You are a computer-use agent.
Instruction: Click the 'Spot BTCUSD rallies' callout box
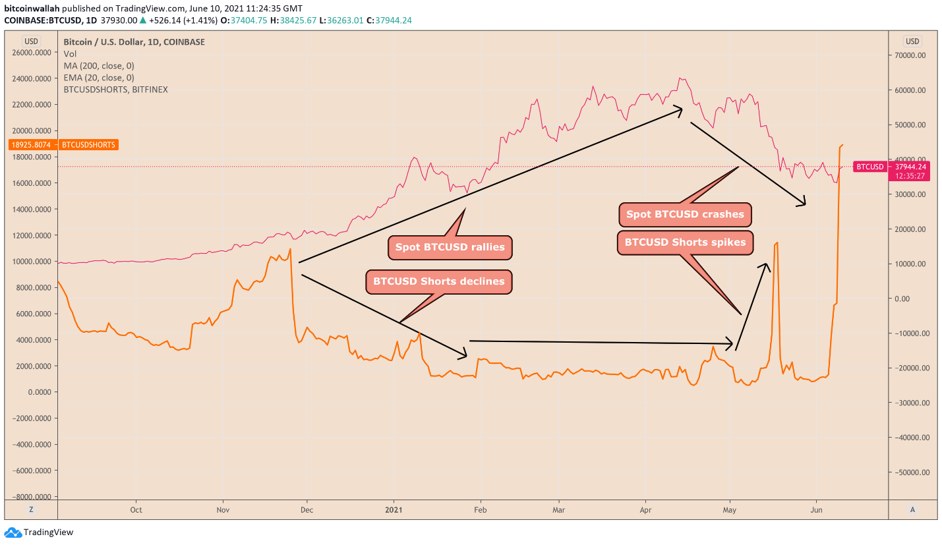(x=450, y=248)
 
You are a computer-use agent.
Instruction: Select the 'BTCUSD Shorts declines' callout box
(x=439, y=281)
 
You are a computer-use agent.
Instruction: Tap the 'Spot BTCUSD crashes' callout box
(x=685, y=214)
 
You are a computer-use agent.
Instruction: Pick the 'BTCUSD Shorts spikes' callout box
(x=685, y=243)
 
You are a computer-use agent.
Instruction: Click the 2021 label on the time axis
(x=394, y=510)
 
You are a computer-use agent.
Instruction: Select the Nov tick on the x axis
(x=222, y=510)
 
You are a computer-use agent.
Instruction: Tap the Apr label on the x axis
(x=646, y=510)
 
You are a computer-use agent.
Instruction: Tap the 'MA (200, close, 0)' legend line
(x=98, y=66)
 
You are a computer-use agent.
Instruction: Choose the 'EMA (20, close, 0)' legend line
(x=99, y=78)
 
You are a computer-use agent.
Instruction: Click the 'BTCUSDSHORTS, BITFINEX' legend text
(x=115, y=90)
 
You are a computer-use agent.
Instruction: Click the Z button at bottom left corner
(x=31, y=509)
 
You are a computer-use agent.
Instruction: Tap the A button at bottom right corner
(x=912, y=509)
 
